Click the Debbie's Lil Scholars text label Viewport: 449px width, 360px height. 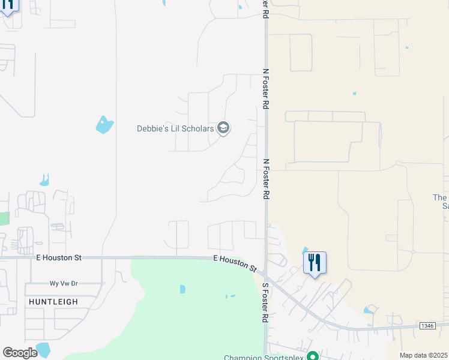pos(175,128)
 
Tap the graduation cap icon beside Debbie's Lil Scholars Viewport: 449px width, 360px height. pos(223,128)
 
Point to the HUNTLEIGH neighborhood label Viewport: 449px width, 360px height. pos(53,302)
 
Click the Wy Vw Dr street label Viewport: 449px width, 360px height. pos(64,283)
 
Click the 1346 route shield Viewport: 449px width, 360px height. pos(427,326)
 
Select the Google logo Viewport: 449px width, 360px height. pos(20,353)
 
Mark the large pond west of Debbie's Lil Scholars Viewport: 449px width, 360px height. pos(104,125)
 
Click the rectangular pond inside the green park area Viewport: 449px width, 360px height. pos(182,289)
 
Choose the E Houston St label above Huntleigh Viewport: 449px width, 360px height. pos(58,257)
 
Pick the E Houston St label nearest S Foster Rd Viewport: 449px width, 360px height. pos(235,262)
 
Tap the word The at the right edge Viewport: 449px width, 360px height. pos(440,197)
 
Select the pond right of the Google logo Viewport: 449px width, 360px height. pos(43,350)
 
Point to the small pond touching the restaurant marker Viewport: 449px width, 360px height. pos(305,250)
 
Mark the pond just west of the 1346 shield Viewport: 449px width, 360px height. pos(369,310)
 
